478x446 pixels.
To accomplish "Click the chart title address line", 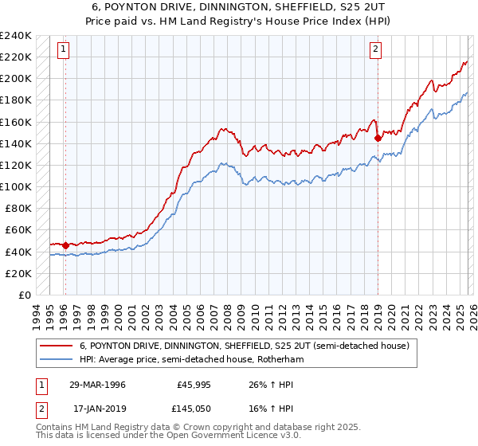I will click(238, 6).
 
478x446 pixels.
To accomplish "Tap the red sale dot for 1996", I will click(65, 245).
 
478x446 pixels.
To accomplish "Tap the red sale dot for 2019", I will click(378, 138).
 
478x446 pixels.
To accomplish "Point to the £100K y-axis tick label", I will click(16, 186).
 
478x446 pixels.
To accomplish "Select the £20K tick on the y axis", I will click(19, 273).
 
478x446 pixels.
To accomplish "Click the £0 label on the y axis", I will click(24, 295).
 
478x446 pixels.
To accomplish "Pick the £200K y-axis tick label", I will click(16, 78).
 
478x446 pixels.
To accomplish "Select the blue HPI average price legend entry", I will click(191, 360).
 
